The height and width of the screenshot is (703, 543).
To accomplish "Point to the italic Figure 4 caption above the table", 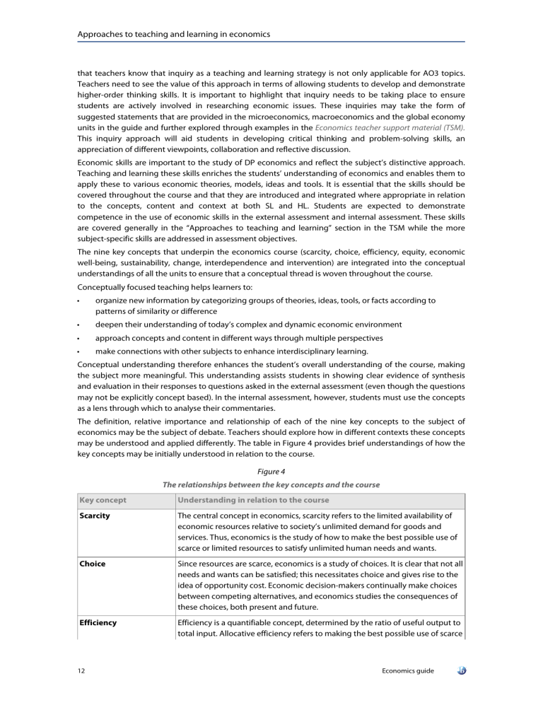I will click(271, 470).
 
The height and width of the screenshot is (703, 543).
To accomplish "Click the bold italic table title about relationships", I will click(271, 484).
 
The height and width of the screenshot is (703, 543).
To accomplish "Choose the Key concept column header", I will click(103, 501).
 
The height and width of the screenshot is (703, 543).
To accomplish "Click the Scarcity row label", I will click(95, 516).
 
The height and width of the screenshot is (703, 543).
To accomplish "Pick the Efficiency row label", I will click(98, 637).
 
